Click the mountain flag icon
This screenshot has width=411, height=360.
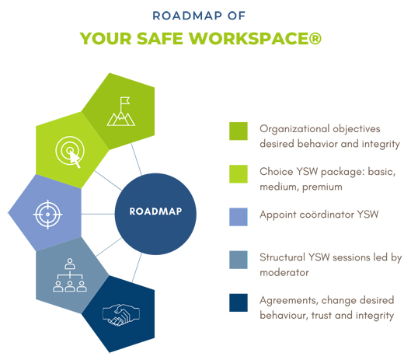[121, 111]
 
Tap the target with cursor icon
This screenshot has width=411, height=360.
[70, 152]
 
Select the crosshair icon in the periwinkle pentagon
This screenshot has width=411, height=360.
[47, 215]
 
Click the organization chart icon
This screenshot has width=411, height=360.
[70, 275]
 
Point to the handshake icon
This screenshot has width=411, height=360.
[121, 315]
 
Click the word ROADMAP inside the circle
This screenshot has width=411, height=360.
[155, 211]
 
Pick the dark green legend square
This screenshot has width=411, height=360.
[239, 131]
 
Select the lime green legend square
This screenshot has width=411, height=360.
[239, 173]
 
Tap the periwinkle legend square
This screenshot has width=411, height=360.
[239, 217]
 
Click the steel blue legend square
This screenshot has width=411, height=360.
[239, 260]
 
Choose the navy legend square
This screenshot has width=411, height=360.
[239, 302]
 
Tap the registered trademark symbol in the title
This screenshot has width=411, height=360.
[315, 39]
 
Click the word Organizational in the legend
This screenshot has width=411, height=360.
[294, 129]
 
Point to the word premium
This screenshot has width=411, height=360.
[322, 187]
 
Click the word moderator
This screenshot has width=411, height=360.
[284, 273]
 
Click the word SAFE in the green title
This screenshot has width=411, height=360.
[160, 39]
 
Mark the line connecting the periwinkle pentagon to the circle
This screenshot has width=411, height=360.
[98, 214]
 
